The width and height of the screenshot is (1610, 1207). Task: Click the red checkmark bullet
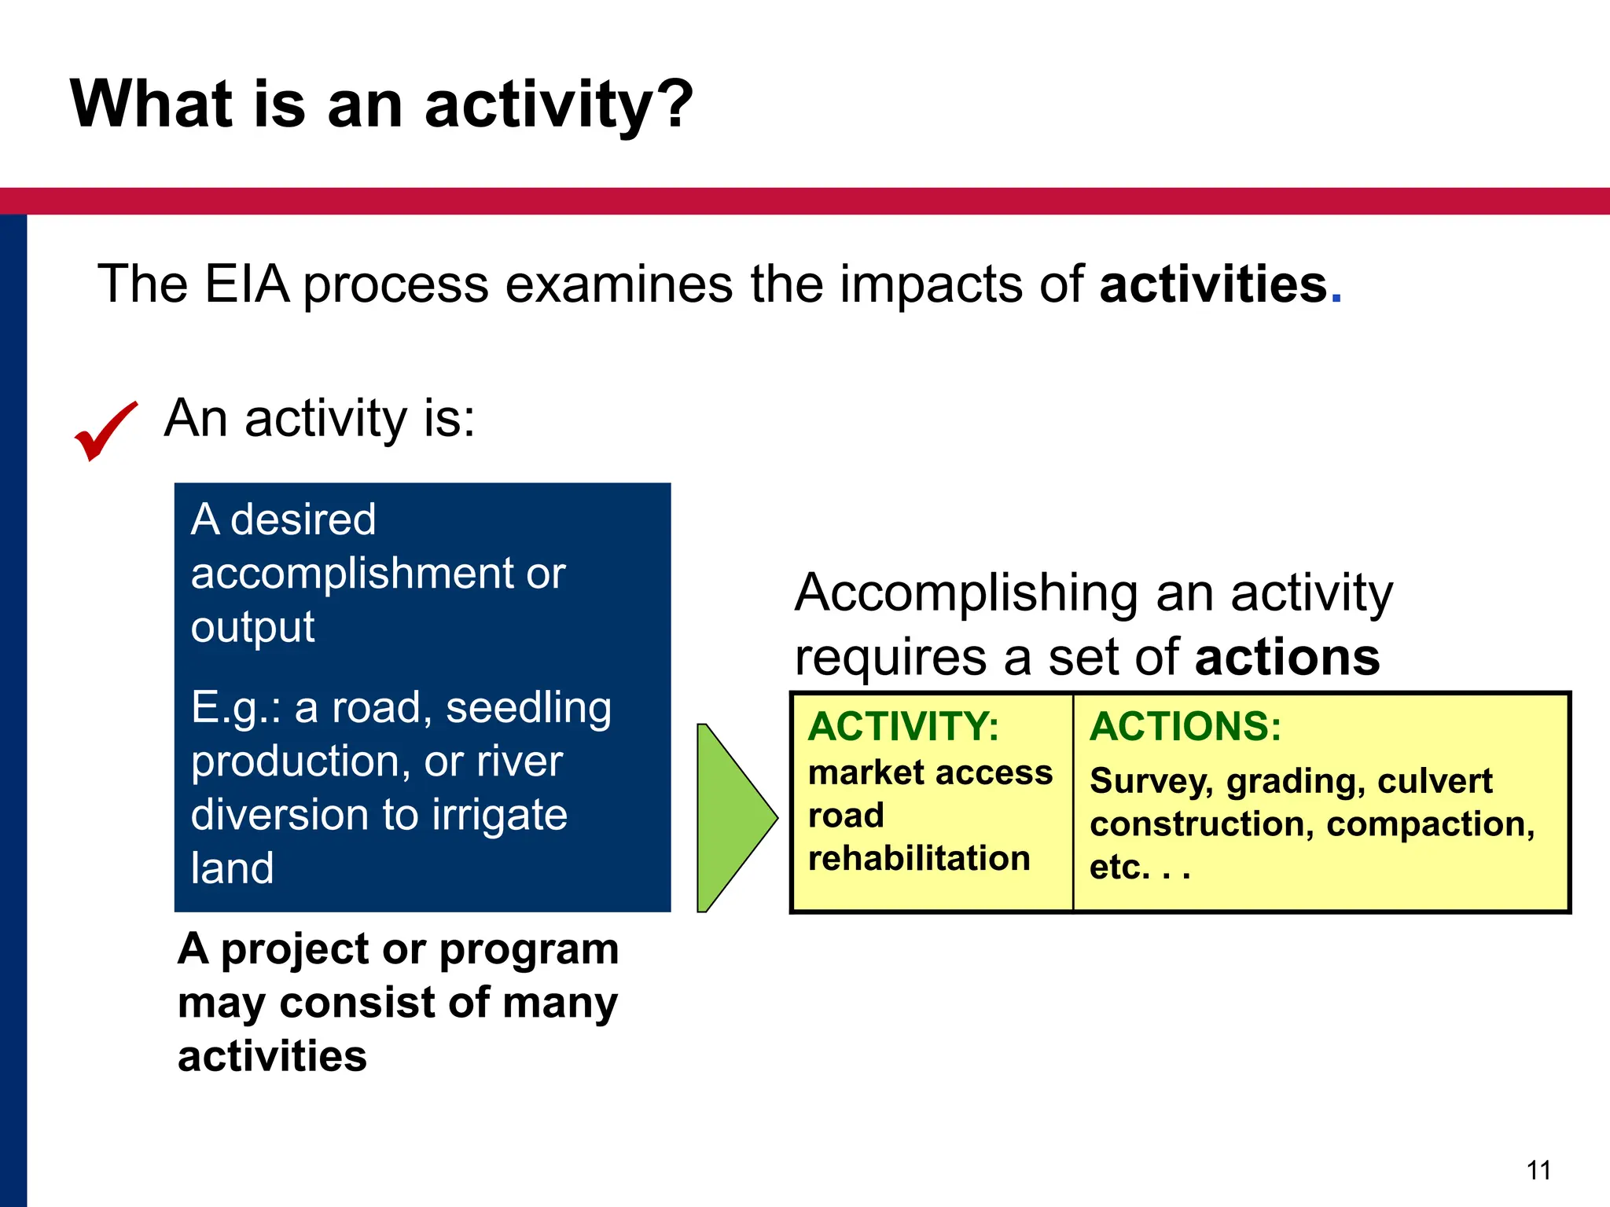click(x=105, y=431)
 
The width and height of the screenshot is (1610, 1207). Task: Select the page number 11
click(x=1538, y=1170)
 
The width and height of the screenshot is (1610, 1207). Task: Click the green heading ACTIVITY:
click(x=903, y=726)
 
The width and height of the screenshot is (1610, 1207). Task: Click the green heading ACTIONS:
click(x=1185, y=726)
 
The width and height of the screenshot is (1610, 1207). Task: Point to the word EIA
click(x=246, y=284)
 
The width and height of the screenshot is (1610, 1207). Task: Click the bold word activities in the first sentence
click(x=1213, y=284)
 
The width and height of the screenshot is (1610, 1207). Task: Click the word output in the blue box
click(x=252, y=627)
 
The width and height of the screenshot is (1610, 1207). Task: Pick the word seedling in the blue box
click(x=528, y=707)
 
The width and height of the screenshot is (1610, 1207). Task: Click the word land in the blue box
click(x=232, y=868)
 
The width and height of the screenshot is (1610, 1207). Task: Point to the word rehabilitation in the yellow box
click(x=918, y=858)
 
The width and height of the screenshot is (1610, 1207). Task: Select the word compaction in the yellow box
click(x=1430, y=824)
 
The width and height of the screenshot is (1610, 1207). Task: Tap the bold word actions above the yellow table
click(x=1287, y=657)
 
